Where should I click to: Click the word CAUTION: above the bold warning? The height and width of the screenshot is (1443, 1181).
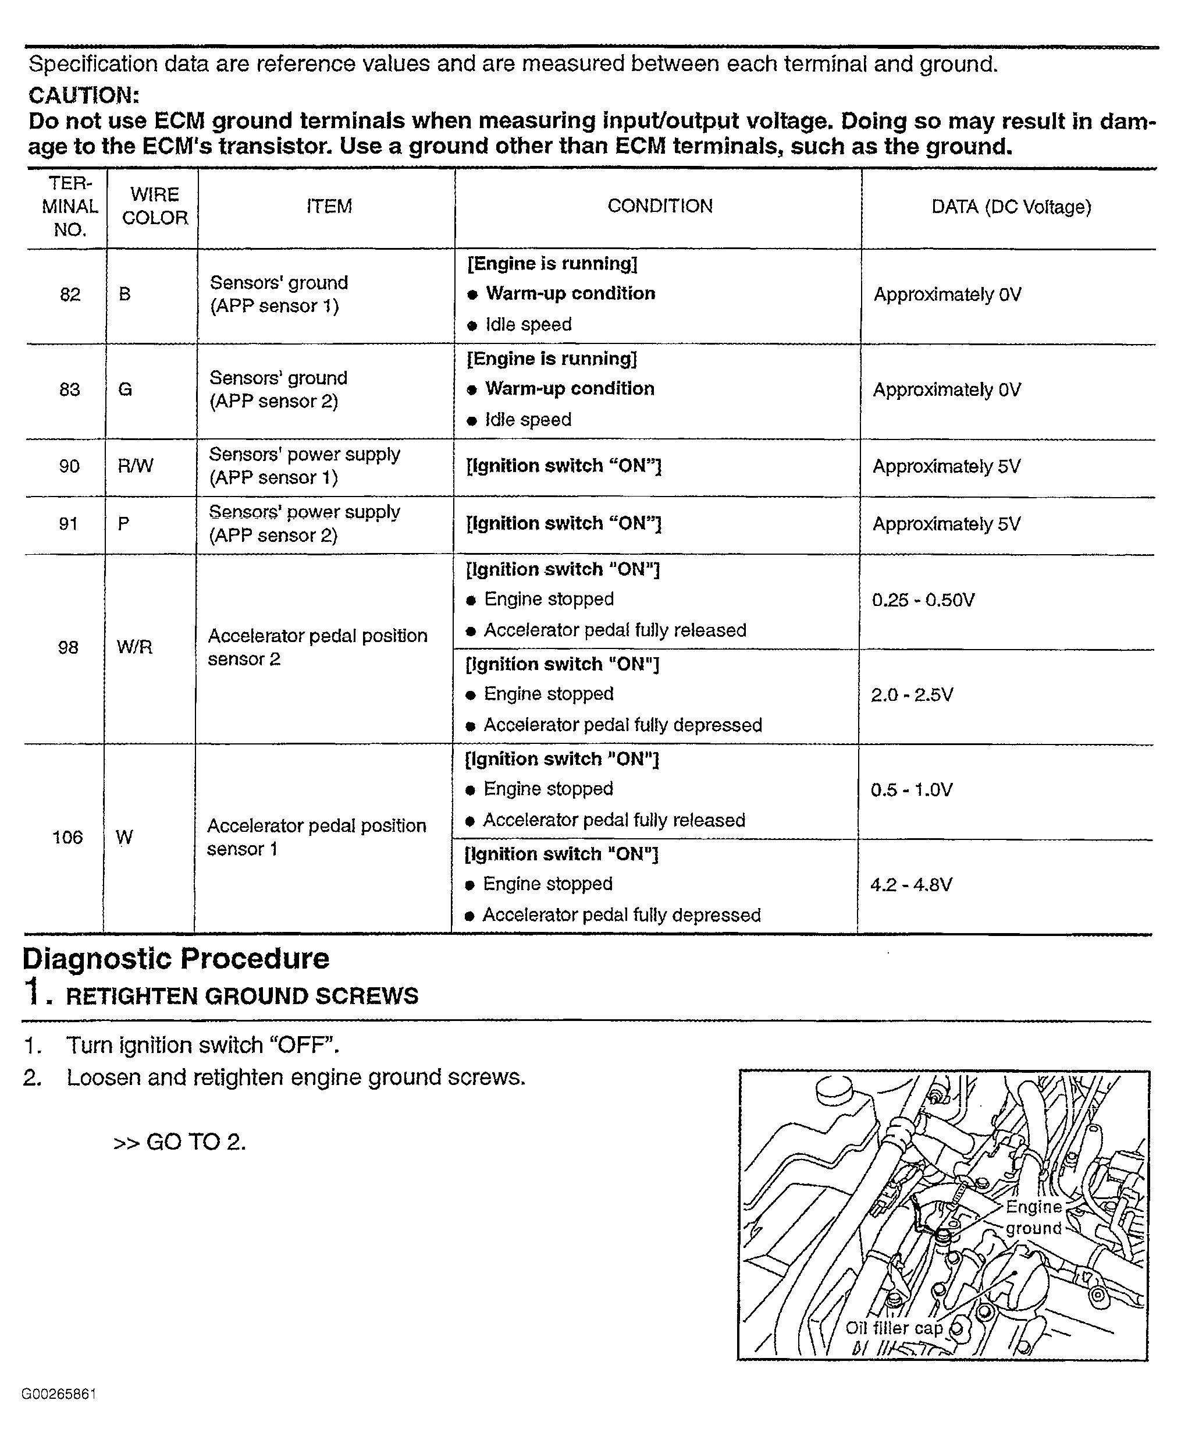coord(84,95)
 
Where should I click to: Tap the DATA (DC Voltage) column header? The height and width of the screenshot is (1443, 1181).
coord(1011,207)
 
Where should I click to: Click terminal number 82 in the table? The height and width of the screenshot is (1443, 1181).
coord(70,294)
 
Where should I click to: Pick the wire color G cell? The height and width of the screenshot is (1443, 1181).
coord(124,389)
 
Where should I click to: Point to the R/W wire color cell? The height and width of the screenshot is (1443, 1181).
coord(136,466)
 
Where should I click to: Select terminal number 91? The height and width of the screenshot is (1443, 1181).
coord(69,523)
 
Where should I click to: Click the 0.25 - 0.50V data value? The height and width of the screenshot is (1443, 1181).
coord(923,600)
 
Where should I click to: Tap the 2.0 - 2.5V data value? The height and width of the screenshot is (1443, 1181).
coord(912,695)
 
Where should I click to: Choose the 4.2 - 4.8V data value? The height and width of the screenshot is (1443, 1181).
coord(911,885)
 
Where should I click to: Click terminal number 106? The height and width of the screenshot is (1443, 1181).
coord(67,837)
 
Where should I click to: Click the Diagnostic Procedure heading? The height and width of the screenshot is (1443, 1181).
coord(176,958)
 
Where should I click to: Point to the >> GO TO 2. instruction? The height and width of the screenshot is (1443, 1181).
coord(180,1141)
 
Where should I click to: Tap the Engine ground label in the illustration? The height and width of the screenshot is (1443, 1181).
coord(1033,1218)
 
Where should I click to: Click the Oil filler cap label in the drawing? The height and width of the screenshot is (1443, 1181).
coord(893,1328)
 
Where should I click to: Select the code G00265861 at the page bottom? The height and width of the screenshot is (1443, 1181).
coord(59,1394)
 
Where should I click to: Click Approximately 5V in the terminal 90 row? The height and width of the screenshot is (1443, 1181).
coord(947,466)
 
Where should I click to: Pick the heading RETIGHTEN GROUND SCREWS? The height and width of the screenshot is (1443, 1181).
coord(241,996)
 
